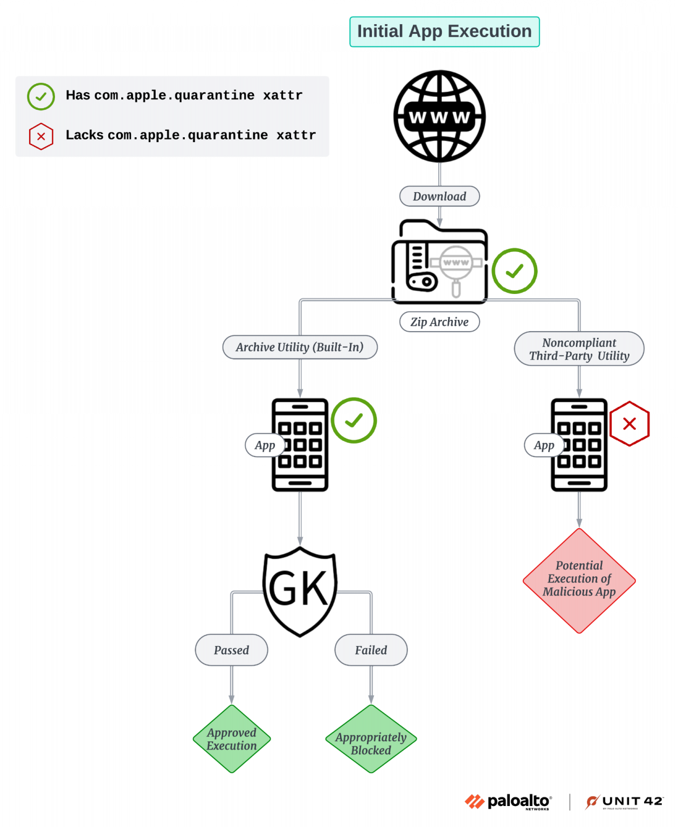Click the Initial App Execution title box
(444, 32)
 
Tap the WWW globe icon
(439, 116)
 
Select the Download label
(439, 197)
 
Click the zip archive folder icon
(439, 262)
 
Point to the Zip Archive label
(439, 322)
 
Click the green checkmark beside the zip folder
(514, 271)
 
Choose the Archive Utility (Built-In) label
(300, 347)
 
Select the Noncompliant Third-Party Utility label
(579, 349)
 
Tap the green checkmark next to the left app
(354, 420)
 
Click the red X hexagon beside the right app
(629, 424)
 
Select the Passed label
(231, 650)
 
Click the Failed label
(371, 650)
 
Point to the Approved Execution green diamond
(232, 739)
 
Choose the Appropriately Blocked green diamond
(371, 739)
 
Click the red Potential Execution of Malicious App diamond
(579, 580)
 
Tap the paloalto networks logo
(508, 802)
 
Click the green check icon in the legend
(41, 97)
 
